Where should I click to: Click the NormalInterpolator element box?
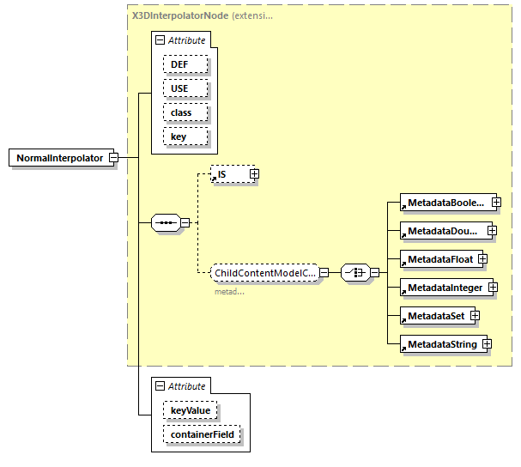pyautogui.click(x=59, y=158)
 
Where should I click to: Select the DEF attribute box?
pyautogui.click(x=179, y=64)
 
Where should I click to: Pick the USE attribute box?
pyautogui.click(x=179, y=88)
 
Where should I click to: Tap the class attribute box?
pyautogui.click(x=181, y=112)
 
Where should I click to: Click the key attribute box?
pyautogui.click(x=178, y=136)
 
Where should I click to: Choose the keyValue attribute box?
pyautogui.click(x=189, y=411)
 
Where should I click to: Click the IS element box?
pyautogui.click(x=229, y=174)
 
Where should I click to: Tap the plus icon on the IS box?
pyautogui.click(x=254, y=174)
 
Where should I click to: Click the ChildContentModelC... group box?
pyautogui.click(x=264, y=273)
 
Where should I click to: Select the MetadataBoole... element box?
pyautogui.click(x=445, y=203)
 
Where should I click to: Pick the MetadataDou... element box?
pyautogui.click(x=443, y=231)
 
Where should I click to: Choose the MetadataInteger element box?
pyautogui.click(x=444, y=287)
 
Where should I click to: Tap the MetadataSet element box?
pyautogui.click(x=434, y=316)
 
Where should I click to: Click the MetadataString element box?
pyautogui.click(x=440, y=344)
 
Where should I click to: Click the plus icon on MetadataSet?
pyautogui.click(x=475, y=316)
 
